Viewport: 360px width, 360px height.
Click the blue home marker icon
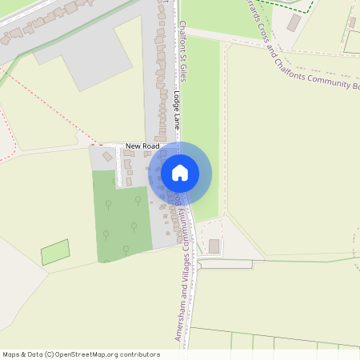point(180,173)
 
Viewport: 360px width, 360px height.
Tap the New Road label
point(142,146)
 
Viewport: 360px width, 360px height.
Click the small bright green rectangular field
point(55,253)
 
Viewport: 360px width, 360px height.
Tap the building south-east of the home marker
point(214,246)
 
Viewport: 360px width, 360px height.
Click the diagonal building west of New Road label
point(107,157)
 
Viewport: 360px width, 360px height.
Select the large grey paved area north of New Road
point(80,64)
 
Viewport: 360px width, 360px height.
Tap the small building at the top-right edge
point(352,22)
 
